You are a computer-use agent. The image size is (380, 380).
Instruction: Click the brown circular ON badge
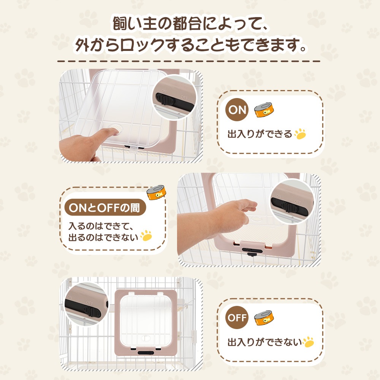[237, 111]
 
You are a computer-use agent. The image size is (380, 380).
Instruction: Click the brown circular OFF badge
[237, 318]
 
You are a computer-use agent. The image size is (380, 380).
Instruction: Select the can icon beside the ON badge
[264, 110]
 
